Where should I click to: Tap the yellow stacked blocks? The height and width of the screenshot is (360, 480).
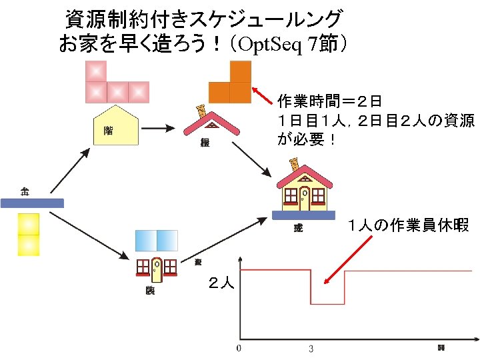pyautogui.click(x=29, y=234)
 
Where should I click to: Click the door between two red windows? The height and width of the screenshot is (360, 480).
pyautogui.click(x=156, y=268)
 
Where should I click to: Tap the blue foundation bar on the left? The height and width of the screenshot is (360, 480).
pyautogui.click(x=32, y=203)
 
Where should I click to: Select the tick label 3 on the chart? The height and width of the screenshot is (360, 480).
pyautogui.click(x=311, y=348)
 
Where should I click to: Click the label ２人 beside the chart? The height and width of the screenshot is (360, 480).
pyautogui.click(x=221, y=283)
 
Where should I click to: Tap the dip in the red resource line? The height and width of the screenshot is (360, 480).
pyautogui.click(x=327, y=303)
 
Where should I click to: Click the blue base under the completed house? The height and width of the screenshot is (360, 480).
pyautogui.click(x=304, y=215)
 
